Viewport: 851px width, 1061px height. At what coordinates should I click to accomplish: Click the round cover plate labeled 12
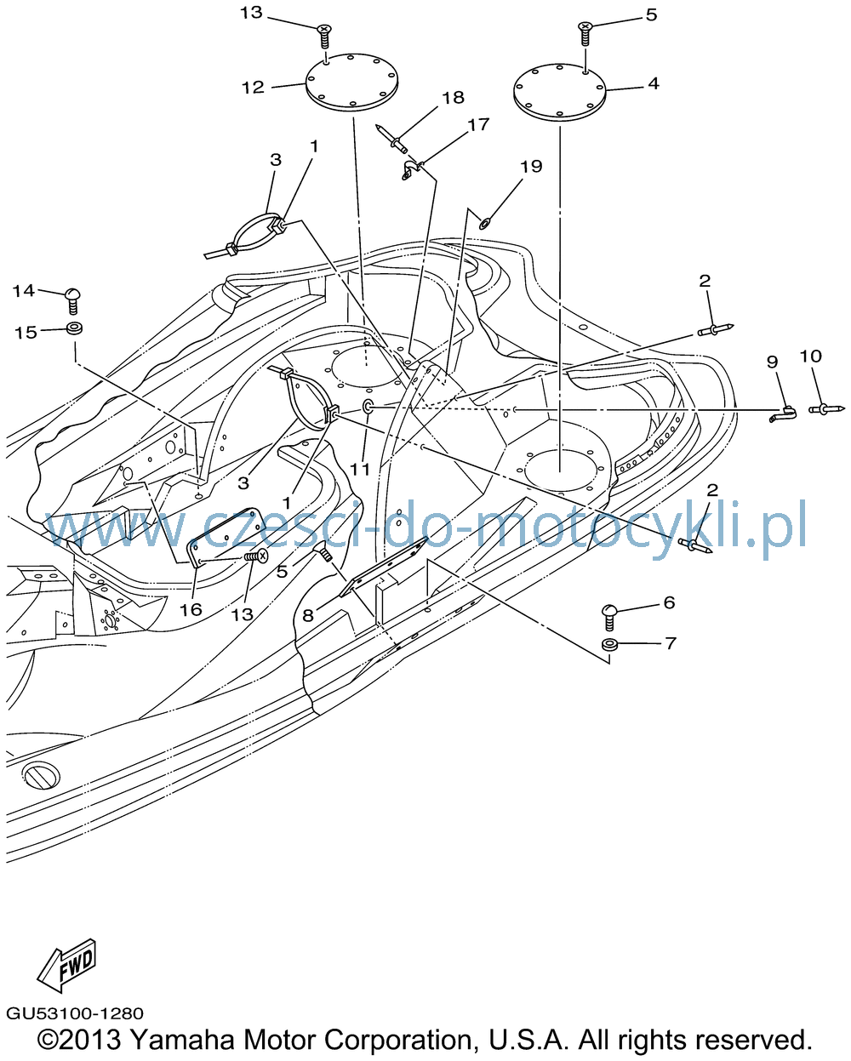coord(352,82)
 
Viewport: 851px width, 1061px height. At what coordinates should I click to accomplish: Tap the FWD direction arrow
coord(66,966)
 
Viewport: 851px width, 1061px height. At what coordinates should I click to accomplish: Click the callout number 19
coord(531,166)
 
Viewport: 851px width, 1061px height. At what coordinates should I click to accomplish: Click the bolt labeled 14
coord(73,300)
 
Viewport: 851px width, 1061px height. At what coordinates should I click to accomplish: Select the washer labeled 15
coord(74,328)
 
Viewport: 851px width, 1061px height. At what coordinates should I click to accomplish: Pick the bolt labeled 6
coord(609,617)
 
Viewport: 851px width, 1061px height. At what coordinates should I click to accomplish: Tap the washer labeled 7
coord(610,644)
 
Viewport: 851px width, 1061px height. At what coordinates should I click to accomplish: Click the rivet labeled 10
coord(827,408)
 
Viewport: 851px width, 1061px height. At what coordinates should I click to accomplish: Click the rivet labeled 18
coord(391,140)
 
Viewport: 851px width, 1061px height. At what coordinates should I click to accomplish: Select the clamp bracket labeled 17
coord(410,169)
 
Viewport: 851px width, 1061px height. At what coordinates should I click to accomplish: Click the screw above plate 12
coord(324,36)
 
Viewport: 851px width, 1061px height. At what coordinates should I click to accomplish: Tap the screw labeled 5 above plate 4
coord(585,34)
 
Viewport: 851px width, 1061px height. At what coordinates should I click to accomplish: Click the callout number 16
coord(191,609)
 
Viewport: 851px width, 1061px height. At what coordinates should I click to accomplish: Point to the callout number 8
coord(308,615)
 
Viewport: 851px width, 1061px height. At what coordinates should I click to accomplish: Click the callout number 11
coord(360,469)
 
